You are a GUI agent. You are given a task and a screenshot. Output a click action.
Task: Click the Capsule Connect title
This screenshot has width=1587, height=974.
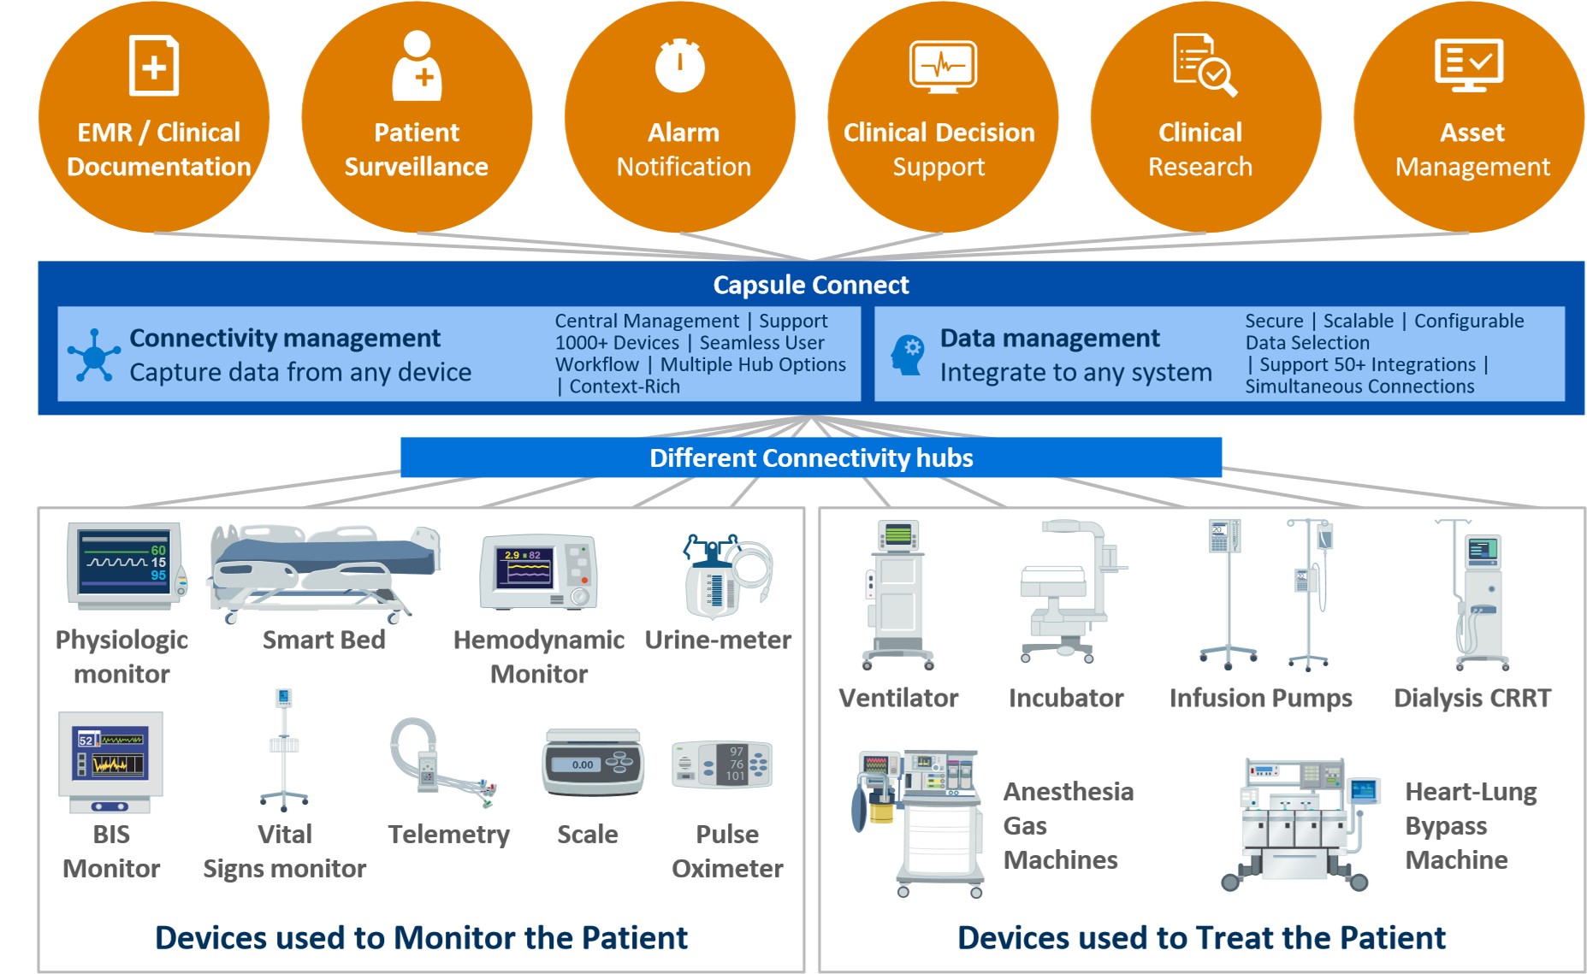[811, 285]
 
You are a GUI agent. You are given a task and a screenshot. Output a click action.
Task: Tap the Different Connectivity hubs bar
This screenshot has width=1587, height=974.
[811, 457]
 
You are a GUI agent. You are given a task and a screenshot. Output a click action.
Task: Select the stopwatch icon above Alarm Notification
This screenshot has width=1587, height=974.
[680, 65]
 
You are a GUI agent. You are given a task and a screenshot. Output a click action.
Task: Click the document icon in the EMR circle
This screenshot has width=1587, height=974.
[154, 65]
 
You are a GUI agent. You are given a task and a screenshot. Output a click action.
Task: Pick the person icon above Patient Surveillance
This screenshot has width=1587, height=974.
[417, 65]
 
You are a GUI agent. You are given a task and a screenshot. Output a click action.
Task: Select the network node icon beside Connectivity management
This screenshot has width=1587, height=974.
[93, 355]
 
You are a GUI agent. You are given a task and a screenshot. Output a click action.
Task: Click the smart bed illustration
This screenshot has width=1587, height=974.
[324, 572]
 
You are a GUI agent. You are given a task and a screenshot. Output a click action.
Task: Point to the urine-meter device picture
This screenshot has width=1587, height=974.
[726, 576]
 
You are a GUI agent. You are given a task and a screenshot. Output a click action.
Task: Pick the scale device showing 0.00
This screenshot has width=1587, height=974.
[592, 761]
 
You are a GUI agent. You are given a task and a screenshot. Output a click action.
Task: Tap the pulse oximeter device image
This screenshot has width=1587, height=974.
[722, 764]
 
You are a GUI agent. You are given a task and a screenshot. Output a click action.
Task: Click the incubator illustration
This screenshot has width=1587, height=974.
[1071, 591]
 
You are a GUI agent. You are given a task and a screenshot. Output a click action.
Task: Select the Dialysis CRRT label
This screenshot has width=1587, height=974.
[1472, 698]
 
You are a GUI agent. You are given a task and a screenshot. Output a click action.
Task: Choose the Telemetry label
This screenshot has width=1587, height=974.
[448, 834]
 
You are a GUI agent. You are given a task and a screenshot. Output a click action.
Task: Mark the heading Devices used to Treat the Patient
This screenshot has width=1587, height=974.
[1201, 937]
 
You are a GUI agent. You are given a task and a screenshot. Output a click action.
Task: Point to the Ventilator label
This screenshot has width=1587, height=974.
[898, 698]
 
